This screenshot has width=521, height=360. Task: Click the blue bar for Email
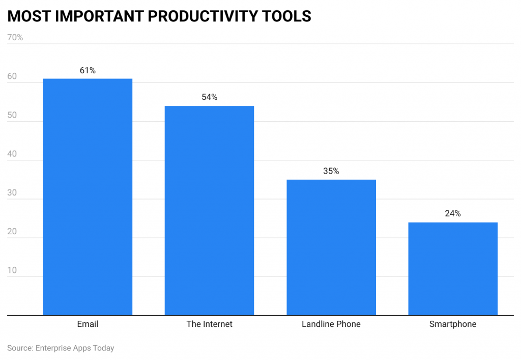[x=88, y=197]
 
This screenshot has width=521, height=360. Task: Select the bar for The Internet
[x=209, y=210]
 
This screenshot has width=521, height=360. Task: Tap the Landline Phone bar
[x=331, y=247]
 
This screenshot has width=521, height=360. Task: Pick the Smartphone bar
[x=453, y=269]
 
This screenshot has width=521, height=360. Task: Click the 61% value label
[x=88, y=71]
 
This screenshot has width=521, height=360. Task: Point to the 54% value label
[x=209, y=97]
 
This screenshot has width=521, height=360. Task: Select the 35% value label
[x=331, y=172]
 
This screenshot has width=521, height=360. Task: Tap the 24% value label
[x=453, y=214]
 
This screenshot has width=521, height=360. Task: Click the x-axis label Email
[x=88, y=324]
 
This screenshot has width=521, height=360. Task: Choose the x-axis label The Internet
[x=209, y=324]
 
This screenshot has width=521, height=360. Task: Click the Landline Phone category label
[x=331, y=324]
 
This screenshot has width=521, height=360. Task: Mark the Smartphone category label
[x=453, y=324]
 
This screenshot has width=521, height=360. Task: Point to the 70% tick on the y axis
[x=15, y=38]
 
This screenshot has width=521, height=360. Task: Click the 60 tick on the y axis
[x=12, y=77]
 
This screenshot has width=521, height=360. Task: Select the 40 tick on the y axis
[x=12, y=154]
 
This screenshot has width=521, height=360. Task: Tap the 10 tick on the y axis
[x=12, y=270]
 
